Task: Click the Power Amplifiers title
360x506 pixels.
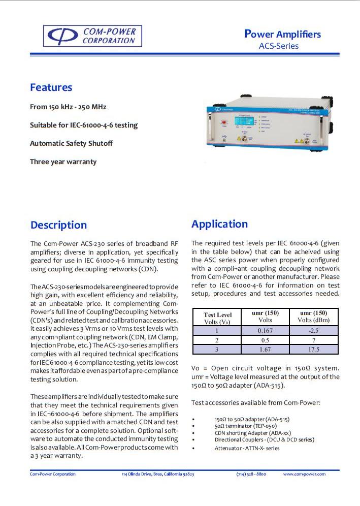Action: click(x=282, y=34)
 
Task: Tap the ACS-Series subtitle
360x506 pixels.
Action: click(x=279, y=46)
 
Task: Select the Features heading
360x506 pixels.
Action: click(x=51, y=87)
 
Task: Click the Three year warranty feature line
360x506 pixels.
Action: click(x=63, y=162)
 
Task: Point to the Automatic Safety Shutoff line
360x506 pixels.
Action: click(x=71, y=143)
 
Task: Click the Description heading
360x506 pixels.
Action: click(x=58, y=225)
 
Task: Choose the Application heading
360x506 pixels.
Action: click(x=219, y=224)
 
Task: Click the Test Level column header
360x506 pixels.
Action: click(x=217, y=318)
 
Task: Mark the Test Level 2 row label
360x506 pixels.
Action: click(x=217, y=340)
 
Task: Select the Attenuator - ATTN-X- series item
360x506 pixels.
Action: click(x=247, y=448)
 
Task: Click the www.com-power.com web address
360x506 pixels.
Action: click(x=304, y=474)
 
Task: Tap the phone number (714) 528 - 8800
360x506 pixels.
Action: click(x=251, y=474)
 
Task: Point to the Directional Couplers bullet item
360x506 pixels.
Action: click(x=264, y=439)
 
